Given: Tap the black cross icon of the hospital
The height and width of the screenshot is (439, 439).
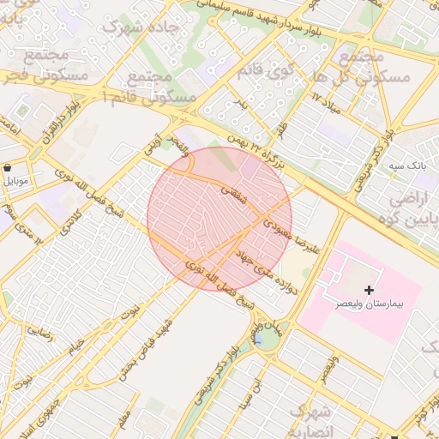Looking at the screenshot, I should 369,292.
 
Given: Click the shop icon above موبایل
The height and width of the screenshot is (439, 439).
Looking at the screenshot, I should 8,168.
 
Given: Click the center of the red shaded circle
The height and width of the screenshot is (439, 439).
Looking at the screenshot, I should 219,219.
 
